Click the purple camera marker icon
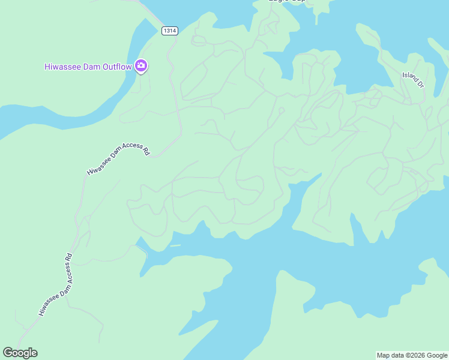[141, 65]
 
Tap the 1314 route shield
[170, 31]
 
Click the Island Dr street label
[414, 80]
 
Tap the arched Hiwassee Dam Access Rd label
[118, 158]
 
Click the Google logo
[20, 353]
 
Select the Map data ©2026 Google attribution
[412, 355]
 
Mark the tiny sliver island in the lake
[175, 245]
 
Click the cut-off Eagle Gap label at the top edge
[286, 2]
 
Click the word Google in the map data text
[437, 355]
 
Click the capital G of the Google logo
[8, 353]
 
